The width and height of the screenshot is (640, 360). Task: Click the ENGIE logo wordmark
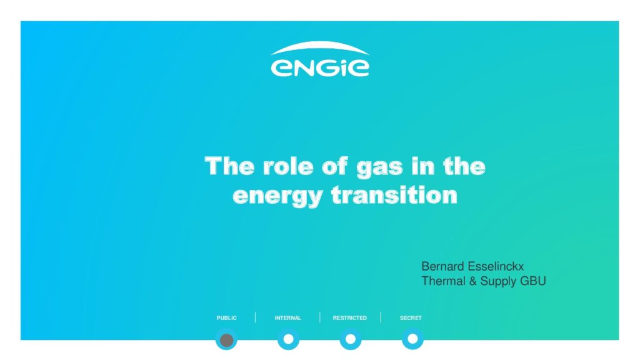coord(320,67)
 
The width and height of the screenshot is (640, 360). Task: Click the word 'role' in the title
coord(288,166)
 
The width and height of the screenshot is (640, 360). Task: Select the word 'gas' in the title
coord(379,168)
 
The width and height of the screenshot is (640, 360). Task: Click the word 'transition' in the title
coord(394,194)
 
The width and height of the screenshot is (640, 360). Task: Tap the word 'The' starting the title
coord(229,166)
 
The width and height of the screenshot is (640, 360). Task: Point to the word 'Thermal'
coord(443,281)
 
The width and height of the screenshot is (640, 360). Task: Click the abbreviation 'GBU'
coord(533,281)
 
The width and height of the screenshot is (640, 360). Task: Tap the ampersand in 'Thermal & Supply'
coord(472,281)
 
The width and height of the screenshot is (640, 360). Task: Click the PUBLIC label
coord(226,318)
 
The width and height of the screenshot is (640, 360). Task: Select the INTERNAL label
coord(287,318)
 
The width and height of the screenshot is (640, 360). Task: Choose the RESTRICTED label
coord(350,318)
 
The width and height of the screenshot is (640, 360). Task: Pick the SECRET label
coord(411,318)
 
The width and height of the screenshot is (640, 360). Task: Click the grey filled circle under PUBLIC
coord(226,340)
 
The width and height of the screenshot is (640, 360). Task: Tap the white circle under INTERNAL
coord(289,339)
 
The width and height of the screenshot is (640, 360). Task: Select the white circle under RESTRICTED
coord(351,339)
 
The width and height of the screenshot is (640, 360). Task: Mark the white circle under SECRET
coord(412,339)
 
